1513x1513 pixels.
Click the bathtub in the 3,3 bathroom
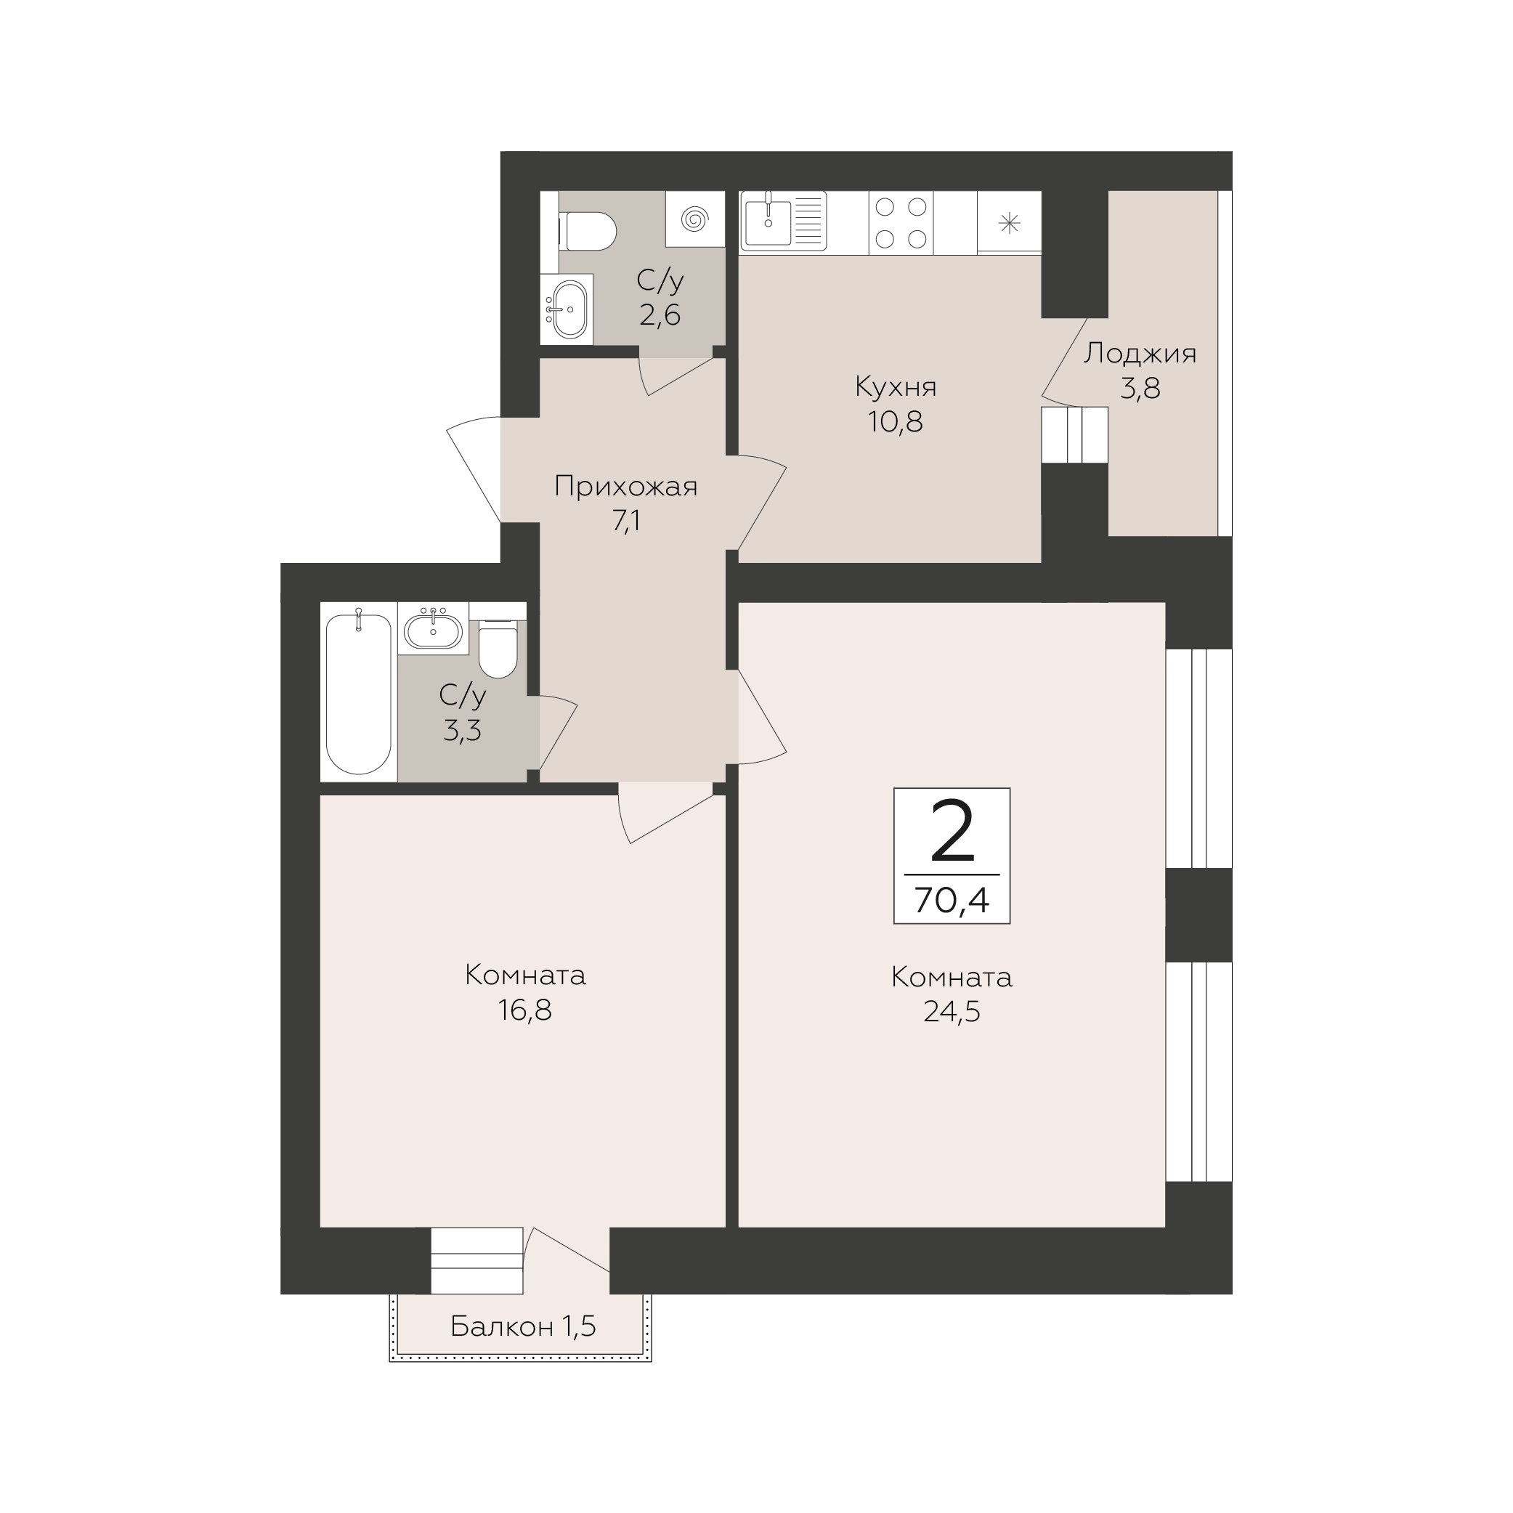(x=358, y=693)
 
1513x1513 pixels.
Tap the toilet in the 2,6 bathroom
(x=588, y=231)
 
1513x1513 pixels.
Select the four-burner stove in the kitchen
(x=901, y=223)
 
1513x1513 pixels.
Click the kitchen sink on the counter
(x=768, y=222)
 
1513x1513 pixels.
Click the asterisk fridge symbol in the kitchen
(x=1010, y=224)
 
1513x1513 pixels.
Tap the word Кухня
(x=896, y=387)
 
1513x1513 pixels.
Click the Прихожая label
(x=625, y=487)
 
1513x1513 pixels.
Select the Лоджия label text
(x=1140, y=354)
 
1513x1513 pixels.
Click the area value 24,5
(x=952, y=1012)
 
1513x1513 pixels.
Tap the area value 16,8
(x=524, y=1010)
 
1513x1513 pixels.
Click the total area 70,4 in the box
(x=952, y=900)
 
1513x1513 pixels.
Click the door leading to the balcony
(x=567, y=1250)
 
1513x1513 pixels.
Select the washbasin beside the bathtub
(x=432, y=628)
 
